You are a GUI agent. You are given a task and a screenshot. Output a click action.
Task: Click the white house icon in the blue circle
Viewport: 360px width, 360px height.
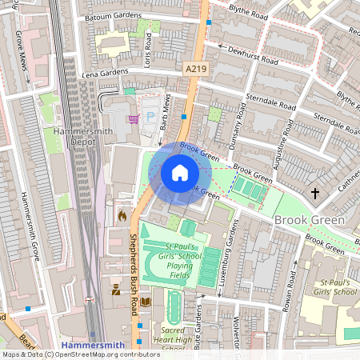point(180,172)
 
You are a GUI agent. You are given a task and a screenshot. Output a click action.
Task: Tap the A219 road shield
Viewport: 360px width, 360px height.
point(195,70)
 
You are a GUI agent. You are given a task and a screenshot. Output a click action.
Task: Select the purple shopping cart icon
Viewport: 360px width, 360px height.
point(134,119)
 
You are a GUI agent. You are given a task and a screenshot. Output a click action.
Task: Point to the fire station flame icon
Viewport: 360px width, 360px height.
point(122,215)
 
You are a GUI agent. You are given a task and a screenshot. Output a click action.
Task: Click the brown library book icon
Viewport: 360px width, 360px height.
point(146,302)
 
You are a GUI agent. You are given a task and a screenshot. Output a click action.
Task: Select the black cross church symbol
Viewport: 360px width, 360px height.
point(315,193)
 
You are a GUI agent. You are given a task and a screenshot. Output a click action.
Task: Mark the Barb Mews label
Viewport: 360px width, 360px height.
point(166,112)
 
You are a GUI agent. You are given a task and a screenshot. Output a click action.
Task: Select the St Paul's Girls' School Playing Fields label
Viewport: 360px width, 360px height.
point(170,260)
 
